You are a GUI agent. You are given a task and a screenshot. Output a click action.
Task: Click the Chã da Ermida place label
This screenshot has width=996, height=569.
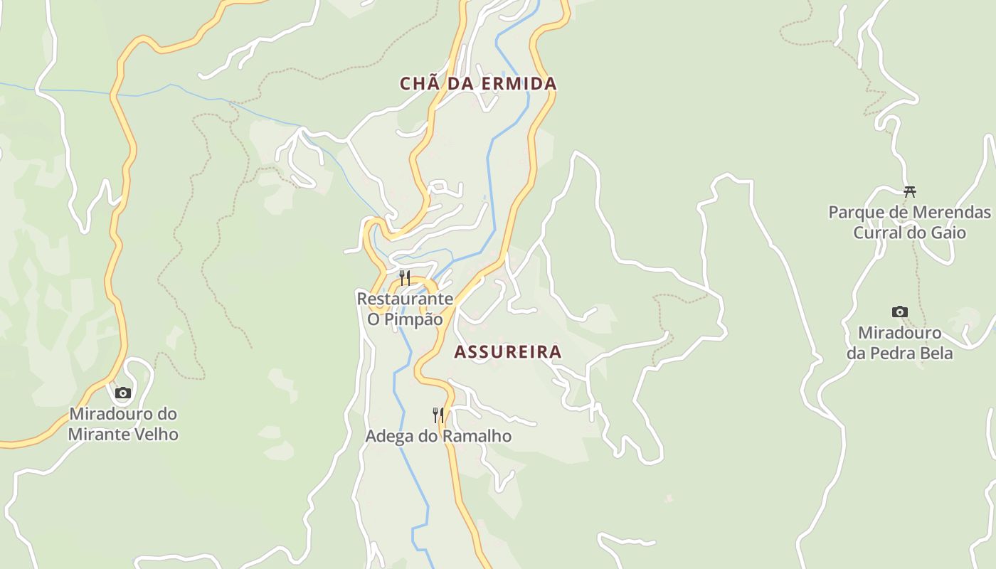(x=478, y=84)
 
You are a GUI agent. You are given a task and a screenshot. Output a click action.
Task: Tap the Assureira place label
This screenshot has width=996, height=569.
(x=508, y=352)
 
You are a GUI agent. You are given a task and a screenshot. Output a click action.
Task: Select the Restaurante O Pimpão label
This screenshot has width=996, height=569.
(x=405, y=309)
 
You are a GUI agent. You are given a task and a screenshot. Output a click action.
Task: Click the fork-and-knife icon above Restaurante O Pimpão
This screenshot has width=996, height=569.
(x=404, y=277)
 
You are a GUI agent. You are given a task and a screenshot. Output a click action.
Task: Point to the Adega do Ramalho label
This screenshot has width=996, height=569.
(x=438, y=436)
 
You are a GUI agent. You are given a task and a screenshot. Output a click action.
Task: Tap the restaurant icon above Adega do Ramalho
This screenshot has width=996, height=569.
(x=438, y=415)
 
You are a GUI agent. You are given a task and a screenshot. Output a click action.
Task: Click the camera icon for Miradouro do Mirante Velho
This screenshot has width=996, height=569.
(x=123, y=393)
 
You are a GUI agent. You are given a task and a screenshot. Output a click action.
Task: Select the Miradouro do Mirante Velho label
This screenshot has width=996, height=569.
(x=123, y=424)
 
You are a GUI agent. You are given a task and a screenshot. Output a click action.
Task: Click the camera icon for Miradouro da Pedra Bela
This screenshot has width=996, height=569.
(x=900, y=312)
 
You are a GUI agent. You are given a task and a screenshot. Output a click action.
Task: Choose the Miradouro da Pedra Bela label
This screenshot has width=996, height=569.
(x=900, y=343)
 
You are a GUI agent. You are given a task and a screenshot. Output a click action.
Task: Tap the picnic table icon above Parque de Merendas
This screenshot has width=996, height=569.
(x=909, y=191)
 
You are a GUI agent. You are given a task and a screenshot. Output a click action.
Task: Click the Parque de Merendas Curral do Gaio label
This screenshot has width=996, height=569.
(x=909, y=223)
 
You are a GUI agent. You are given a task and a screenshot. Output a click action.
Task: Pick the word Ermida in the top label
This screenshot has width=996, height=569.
(x=519, y=84)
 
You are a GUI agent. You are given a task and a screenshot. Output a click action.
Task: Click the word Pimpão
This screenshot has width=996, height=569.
(x=414, y=319)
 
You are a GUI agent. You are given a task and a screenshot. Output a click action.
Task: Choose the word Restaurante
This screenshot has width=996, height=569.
(x=405, y=299)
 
